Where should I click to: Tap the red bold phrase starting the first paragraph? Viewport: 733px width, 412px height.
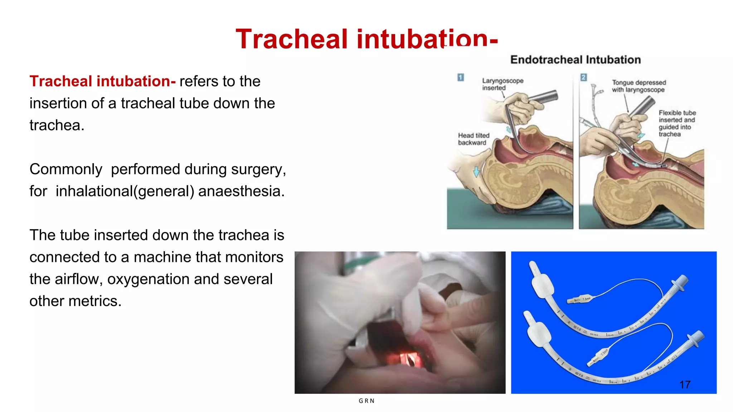coord(102,81)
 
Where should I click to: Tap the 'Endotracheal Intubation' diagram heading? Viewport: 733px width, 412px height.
coord(575,60)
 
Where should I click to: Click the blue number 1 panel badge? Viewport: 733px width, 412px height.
coord(461,77)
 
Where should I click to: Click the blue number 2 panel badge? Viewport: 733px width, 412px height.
coord(583,77)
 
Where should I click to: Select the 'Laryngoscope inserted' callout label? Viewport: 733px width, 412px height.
coord(502,84)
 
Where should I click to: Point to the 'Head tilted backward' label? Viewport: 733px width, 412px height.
coord(473,139)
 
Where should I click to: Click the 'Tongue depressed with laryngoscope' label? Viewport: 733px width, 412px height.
coord(638,86)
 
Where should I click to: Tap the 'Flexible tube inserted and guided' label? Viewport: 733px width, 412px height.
coord(676,123)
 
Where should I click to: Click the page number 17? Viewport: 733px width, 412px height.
coord(685,385)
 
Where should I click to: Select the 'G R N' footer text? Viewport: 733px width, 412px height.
coord(366,401)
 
